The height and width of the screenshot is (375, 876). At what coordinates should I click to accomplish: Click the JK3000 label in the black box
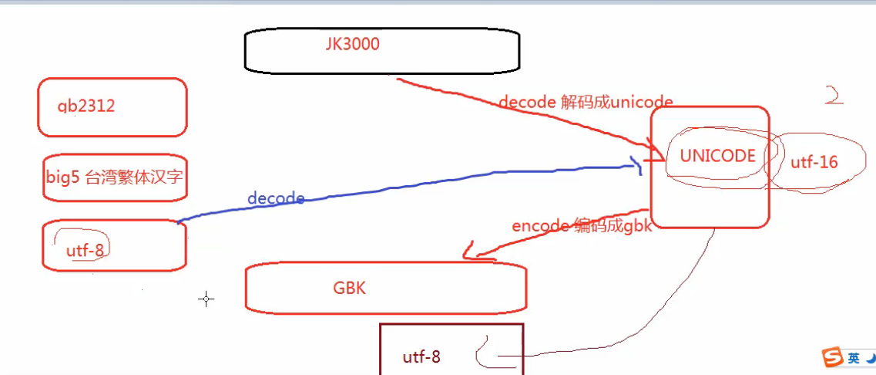[x=353, y=44]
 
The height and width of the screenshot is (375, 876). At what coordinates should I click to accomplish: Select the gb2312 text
[x=86, y=106]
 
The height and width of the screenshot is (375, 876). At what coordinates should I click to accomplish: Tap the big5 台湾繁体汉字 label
[x=115, y=177]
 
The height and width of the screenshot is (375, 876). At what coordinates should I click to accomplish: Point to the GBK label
[x=349, y=289]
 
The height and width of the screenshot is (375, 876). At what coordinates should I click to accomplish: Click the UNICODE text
[x=717, y=156]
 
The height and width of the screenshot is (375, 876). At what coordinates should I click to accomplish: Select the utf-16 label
[x=814, y=162]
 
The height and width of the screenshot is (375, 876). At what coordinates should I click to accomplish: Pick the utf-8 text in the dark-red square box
[x=421, y=357]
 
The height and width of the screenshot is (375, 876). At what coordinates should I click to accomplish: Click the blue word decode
[x=275, y=198]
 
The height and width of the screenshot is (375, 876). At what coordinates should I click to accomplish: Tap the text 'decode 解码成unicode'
[x=586, y=101]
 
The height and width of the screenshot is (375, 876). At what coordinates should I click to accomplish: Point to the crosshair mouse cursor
[x=206, y=299]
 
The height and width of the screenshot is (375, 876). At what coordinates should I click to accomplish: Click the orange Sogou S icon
[x=832, y=357]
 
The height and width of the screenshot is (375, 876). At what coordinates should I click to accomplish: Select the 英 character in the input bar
[x=853, y=358]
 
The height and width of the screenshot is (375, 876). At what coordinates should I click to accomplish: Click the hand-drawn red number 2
[x=834, y=95]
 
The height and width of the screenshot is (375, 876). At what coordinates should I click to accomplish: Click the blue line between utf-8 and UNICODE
[x=408, y=184]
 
